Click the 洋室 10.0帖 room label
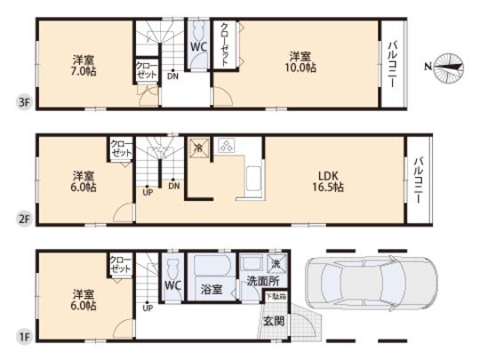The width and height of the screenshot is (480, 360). pos(298,62)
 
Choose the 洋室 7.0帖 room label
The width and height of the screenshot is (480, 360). pos(84,66)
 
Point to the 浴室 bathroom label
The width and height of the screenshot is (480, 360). pos(211,288)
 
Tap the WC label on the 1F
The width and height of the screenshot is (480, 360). pos(172,286)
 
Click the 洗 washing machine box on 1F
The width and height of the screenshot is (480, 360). pos(276,263)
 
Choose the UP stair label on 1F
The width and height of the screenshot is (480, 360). pos(148,307)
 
